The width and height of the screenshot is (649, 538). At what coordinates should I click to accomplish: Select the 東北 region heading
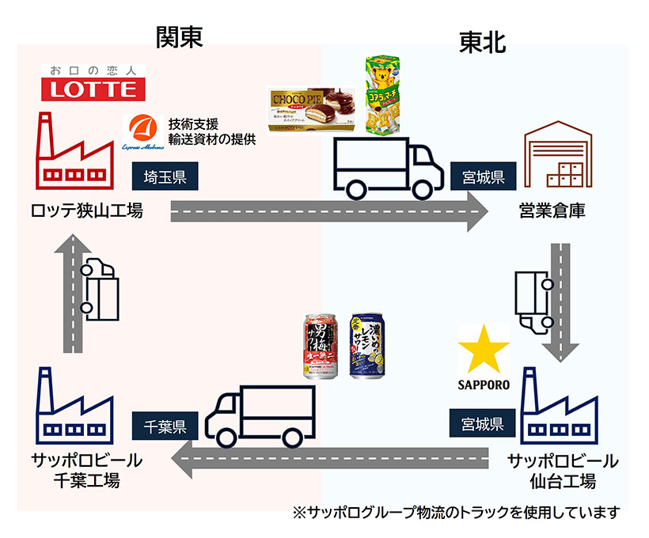click(x=482, y=44)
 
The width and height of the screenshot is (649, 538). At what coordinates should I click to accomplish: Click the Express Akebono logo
click(x=143, y=131)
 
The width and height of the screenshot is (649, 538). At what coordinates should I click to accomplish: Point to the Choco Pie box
click(x=311, y=110)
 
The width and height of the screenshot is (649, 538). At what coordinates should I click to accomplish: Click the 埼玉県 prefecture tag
click(x=165, y=176)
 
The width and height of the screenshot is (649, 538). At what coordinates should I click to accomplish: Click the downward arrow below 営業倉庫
click(x=560, y=301)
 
